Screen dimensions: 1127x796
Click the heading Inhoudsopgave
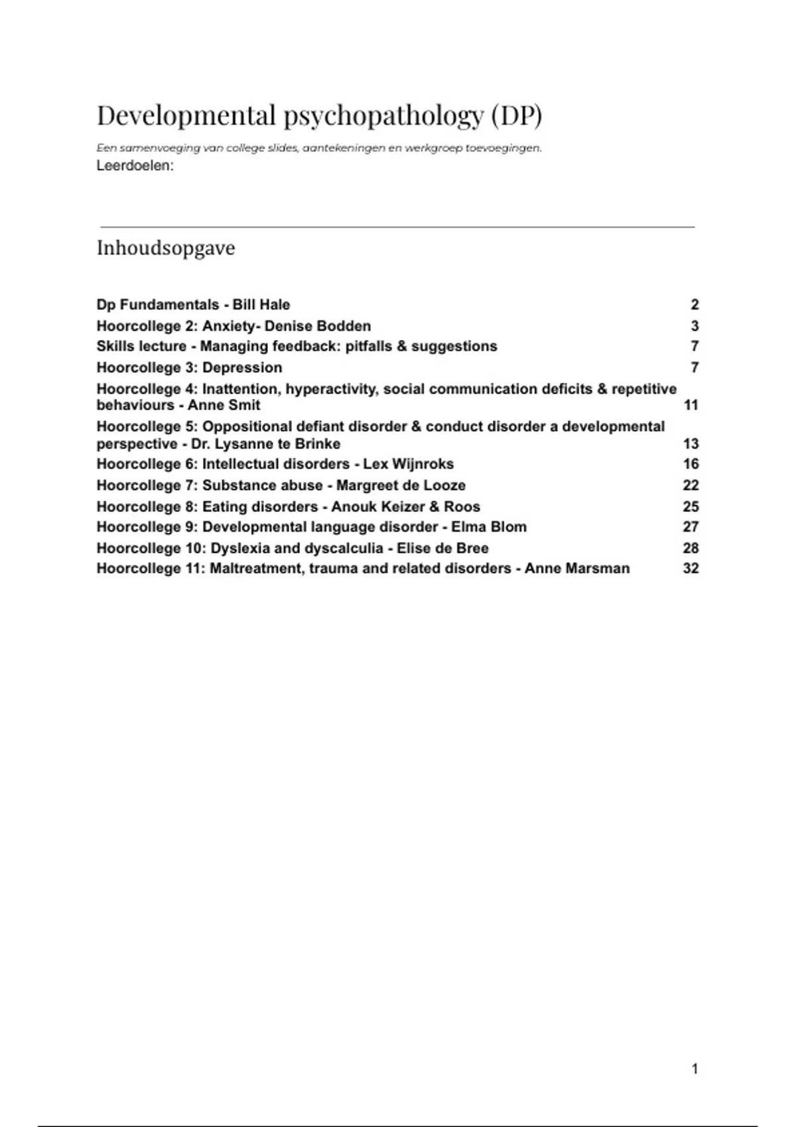pyautogui.click(x=166, y=248)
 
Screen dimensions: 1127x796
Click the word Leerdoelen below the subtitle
pyautogui.click(x=134, y=166)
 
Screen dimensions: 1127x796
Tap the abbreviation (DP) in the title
pyautogui.click(x=517, y=115)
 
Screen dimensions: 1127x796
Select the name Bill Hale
pyautogui.click(x=261, y=305)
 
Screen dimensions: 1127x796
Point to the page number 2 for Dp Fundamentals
pyautogui.click(x=695, y=305)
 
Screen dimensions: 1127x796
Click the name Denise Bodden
pyautogui.click(x=318, y=326)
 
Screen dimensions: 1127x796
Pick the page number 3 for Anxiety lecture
pyautogui.click(x=695, y=326)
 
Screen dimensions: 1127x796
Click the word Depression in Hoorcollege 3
pyautogui.click(x=242, y=367)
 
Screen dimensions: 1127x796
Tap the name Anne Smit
pyautogui.click(x=224, y=405)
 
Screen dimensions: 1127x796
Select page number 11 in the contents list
pyautogui.click(x=691, y=405)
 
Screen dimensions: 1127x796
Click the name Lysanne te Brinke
pyautogui.click(x=279, y=444)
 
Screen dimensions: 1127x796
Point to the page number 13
pyautogui.click(x=691, y=444)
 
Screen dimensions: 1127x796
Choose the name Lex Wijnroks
pyautogui.click(x=409, y=464)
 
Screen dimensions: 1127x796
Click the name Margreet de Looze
pyautogui.click(x=401, y=485)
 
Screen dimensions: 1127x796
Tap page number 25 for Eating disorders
pyautogui.click(x=691, y=506)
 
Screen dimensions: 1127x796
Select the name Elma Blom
pyautogui.click(x=489, y=527)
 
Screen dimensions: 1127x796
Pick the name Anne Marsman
pyautogui.click(x=577, y=568)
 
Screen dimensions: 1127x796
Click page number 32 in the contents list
pyautogui.click(x=691, y=568)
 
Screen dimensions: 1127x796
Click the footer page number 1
pyautogui.click(x=695, y=1068)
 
